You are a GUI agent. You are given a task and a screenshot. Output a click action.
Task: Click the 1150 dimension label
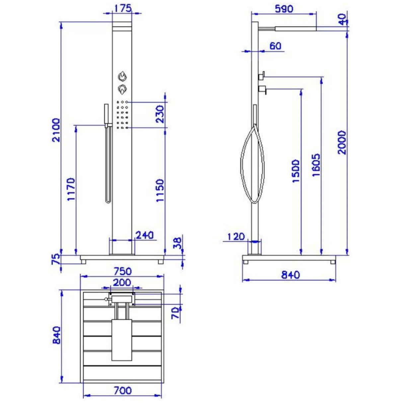[x=160, y=190]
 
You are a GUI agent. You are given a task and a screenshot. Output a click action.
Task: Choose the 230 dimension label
[x=160, y=114]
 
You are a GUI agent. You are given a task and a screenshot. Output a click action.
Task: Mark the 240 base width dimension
[x=145, y=235]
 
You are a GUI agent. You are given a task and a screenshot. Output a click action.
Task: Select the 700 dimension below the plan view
[x=122, y=391]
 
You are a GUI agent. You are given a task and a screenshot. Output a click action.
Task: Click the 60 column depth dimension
[x=275, y=46]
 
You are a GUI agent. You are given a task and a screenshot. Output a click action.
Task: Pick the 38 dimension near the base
[x=178, y=243]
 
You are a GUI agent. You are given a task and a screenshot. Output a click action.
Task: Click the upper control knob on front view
[x=122, y=76]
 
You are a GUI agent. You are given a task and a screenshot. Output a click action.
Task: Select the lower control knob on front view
[x=122, y=89]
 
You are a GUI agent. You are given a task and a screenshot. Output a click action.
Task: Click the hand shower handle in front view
[x=106, y=115]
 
